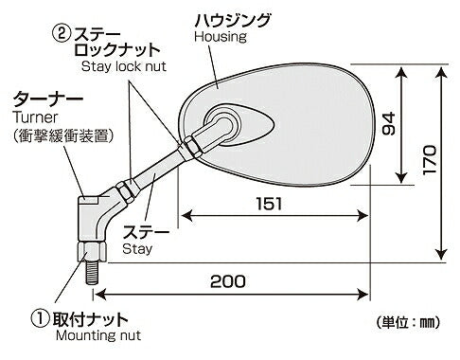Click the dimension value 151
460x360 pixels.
pos(268,203)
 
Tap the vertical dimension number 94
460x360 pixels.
pos(386,124)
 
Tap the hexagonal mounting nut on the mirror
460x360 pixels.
pos(92,252)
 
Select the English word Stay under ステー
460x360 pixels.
pos(137,248)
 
